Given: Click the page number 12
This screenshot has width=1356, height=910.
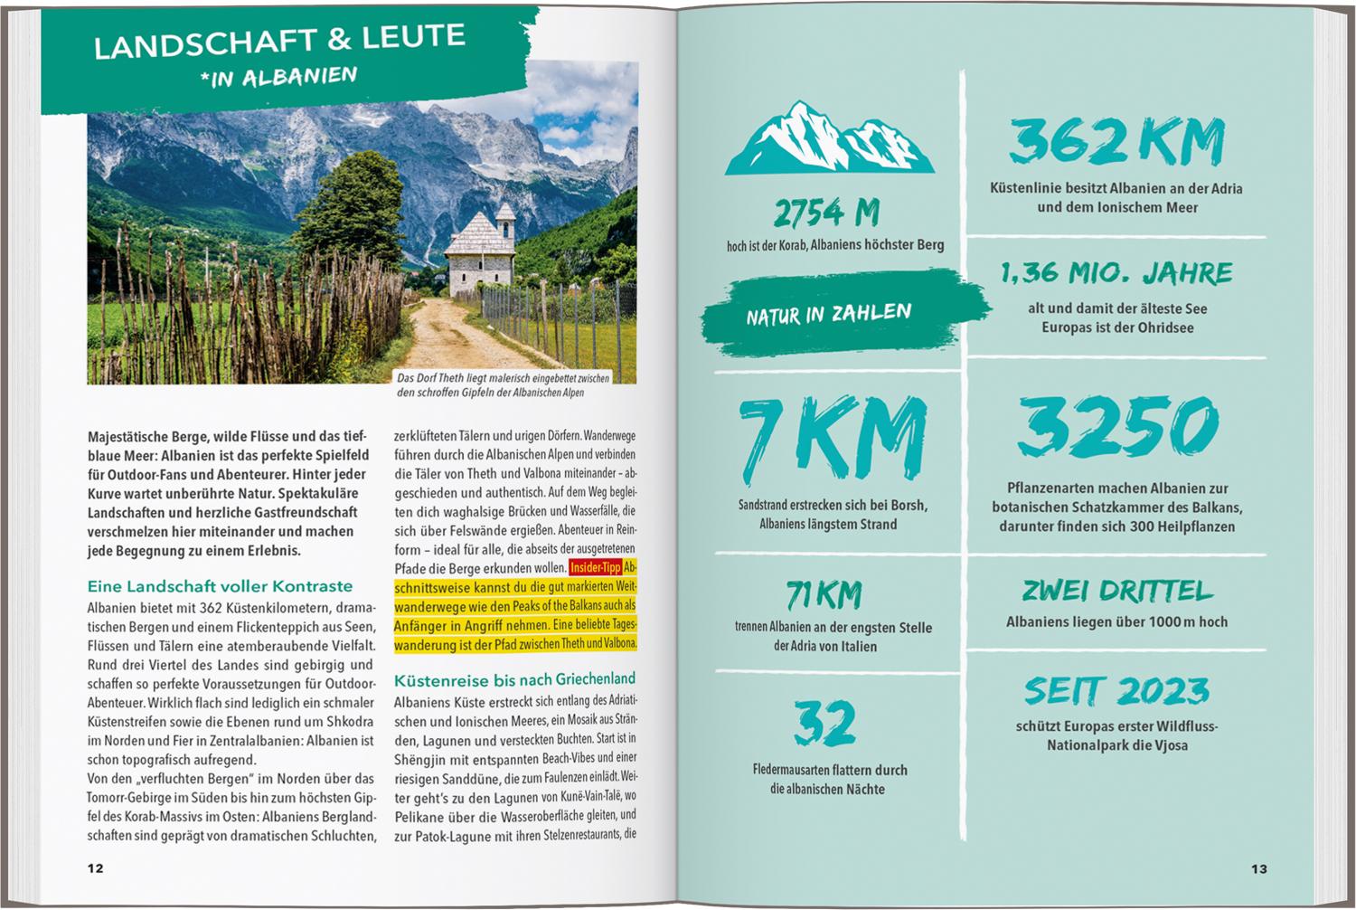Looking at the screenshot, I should tap(95, 868).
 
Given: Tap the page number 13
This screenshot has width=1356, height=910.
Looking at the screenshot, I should tap(1259, 868).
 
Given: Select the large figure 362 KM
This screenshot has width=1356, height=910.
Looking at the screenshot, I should tap(1116, 142).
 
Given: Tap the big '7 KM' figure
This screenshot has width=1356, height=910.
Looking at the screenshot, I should tap(832, 439).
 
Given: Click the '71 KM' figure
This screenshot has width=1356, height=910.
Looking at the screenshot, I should tap(824, 595).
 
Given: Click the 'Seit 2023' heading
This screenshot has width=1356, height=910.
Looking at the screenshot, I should tap(1117, 692).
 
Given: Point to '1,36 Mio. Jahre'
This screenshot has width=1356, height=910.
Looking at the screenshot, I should tap(1116, 272).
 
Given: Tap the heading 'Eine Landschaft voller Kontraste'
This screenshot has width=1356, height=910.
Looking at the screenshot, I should tap(220, 586).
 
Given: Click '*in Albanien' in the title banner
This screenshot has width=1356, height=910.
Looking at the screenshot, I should tap(279, 76).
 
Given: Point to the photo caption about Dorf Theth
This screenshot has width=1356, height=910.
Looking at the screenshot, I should tap(503, 385).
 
